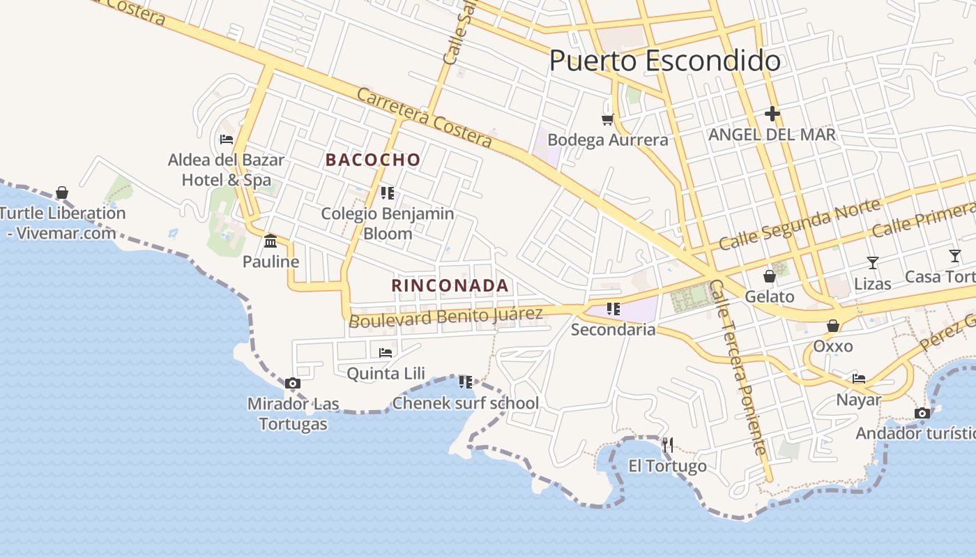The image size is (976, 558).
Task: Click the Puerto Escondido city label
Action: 664,61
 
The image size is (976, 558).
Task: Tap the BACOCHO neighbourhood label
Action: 373,160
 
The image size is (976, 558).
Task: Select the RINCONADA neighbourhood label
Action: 450,285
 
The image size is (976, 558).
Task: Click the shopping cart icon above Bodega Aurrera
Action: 608,119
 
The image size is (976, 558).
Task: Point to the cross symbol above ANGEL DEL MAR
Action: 772,113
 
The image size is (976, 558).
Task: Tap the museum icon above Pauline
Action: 270,241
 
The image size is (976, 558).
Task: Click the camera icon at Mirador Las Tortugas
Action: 293,383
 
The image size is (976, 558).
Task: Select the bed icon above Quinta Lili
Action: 386,353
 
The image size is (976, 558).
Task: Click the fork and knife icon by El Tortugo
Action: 667,444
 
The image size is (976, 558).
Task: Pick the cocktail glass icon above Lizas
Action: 872,263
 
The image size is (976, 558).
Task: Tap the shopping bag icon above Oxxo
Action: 832,326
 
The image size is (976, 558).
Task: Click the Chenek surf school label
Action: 466,403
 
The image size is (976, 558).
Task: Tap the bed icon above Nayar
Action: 859,379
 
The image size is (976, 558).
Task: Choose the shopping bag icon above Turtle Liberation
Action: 62,192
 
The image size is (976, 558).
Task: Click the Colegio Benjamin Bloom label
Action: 388,223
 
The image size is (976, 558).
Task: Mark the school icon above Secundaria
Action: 613,308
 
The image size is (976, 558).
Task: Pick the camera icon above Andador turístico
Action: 922,413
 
